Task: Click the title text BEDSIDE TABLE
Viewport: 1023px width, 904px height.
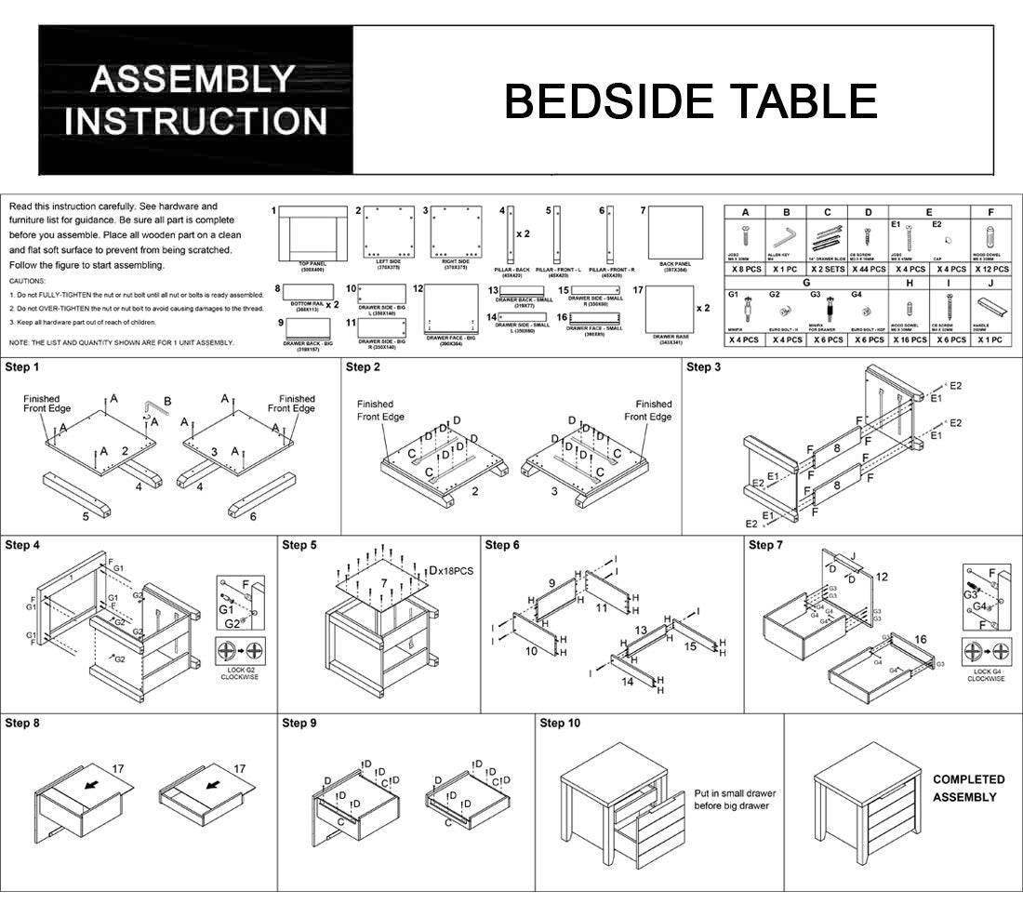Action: point(690,101)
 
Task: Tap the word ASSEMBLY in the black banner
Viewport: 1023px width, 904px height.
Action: point(193,80)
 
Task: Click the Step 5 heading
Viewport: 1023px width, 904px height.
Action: point(299,545)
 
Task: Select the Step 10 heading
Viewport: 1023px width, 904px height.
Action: point(560,723)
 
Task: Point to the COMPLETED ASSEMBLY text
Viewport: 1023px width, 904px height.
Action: point(968,788)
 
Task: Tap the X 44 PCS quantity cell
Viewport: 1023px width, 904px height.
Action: point(868,269)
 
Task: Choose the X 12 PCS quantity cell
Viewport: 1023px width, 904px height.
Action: point(990,269)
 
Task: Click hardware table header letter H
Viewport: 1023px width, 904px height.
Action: point(909,282)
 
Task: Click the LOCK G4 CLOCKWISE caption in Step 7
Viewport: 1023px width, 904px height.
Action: point(985,674)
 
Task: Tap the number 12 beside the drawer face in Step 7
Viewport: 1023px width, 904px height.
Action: point(882,578)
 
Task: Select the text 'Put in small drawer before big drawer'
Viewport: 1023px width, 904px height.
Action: point(735,800)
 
